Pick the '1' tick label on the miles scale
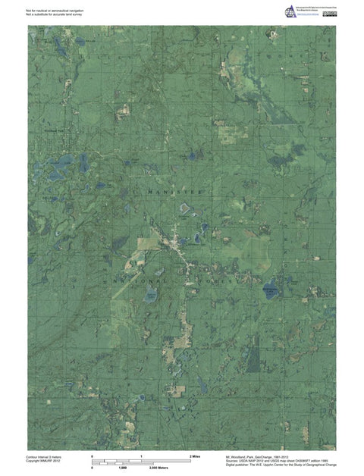142,457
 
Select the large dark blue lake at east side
269,289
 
